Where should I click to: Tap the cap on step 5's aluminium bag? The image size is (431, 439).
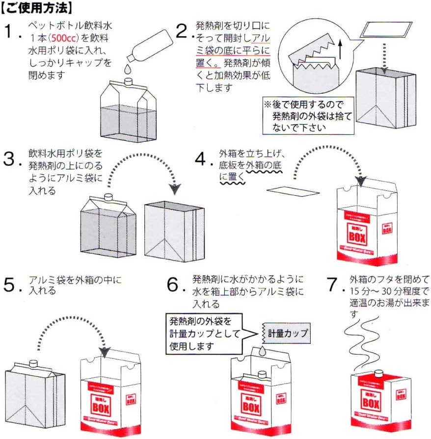tap(33, 363)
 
